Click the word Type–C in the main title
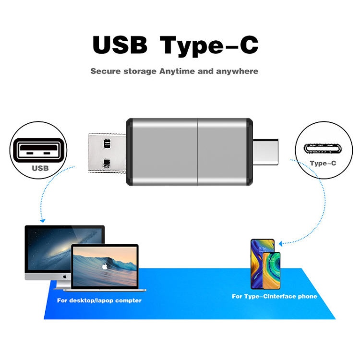210,45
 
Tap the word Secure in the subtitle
105,72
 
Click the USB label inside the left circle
40,168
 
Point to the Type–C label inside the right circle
323,163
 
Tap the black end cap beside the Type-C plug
249,151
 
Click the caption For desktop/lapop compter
99,300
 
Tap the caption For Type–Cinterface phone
275,297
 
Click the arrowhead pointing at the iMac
43,221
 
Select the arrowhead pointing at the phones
281,244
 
